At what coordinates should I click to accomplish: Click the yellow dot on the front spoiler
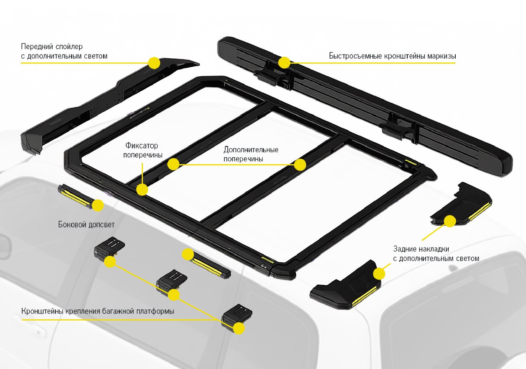pyautogui.click(x=154, y=63)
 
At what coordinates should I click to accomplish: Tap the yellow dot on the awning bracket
pyautogui.click(x=284, y=62)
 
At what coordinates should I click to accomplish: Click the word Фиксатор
pyautogui.click(x=142, y=146)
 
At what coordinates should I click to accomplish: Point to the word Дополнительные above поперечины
pyautogui.click(x=251, y=149)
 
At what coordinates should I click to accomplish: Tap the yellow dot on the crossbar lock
pyautogui.click(x=142, y=189)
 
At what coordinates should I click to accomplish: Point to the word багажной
pyautogui.click(x=115, y=311)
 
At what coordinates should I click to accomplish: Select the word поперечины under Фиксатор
pyautogui.click(x=142, y=155)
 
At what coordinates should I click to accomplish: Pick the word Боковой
pyautogui.click(x=70, y=225)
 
